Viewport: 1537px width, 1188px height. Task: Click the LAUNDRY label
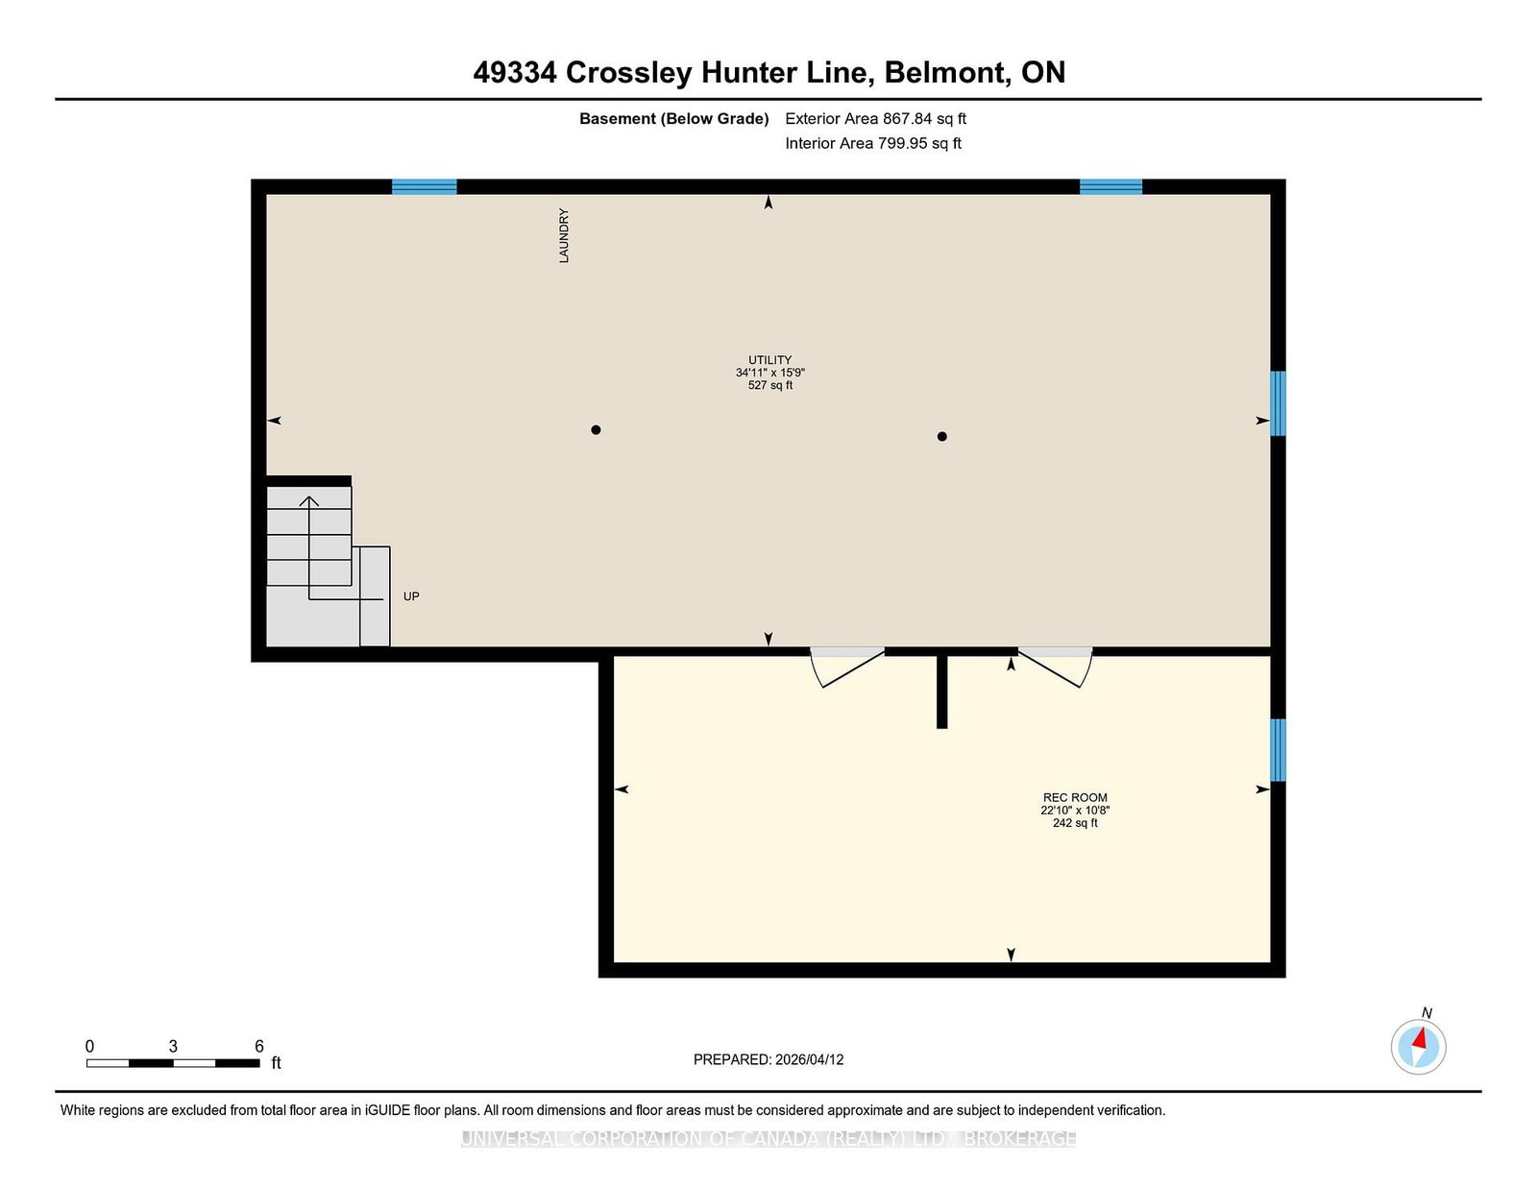[x=564, y=235]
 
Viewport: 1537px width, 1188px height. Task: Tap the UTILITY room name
[x=769, y=360]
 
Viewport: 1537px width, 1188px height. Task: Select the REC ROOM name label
[x=1074, y=798]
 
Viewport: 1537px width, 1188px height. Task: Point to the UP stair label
[x=411, y=596]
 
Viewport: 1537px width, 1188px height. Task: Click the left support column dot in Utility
[x=596, y=430]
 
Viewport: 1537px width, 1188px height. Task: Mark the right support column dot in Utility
[x=941, y=436]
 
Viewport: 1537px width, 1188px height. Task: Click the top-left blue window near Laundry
[x=425, y=186]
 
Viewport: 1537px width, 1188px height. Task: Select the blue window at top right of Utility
[x=1110, y=186]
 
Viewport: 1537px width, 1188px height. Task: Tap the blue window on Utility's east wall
[x=1278, y=403]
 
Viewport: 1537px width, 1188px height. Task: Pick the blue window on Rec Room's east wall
[x=1278, y=749]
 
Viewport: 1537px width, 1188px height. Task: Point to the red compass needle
[x=1419, y=1039]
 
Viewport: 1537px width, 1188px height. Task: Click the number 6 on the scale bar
[x=258, y=1046]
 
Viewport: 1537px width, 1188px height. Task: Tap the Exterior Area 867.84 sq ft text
[x=876, y=119]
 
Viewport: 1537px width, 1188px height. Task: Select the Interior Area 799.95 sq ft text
[x=873, y=143]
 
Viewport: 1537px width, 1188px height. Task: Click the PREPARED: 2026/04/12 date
[x=768, y=1059]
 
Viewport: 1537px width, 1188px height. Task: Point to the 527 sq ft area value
[x=770, y=385]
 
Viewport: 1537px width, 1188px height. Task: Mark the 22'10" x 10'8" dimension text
[x=1074, y=811]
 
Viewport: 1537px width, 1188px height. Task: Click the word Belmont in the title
[x=945, y=72]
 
